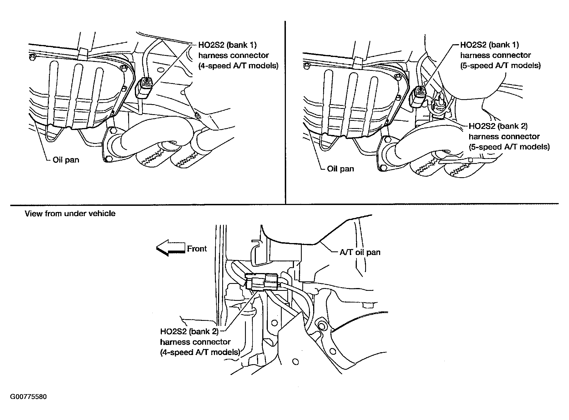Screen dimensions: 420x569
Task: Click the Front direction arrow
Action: coord(170,248)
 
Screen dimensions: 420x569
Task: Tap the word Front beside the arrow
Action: coord(197,249)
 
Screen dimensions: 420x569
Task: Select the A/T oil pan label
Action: coord(360,252)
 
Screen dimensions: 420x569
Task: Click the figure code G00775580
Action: coord(28,397)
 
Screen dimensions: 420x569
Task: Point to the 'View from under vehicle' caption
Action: coord(70,214)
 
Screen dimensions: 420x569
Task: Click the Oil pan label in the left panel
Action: coord(66,160)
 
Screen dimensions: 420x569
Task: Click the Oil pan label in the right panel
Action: coord(340,169)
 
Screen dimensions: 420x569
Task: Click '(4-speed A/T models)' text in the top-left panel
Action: coord(238,66)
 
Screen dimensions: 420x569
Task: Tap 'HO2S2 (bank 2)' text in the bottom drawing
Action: coord(189,331)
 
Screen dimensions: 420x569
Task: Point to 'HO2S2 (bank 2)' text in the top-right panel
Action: coord(498,126)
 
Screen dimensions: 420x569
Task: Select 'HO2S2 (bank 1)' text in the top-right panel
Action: coord(489,45)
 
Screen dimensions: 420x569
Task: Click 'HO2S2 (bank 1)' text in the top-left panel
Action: coord(227,45)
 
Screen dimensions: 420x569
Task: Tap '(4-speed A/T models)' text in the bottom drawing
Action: coord(200,352)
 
